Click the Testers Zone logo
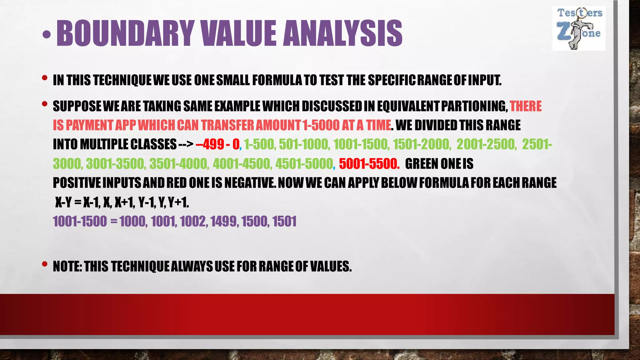click(x=579, y=28)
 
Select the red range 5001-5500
click(x=369, y=164)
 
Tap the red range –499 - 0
click(x=217, y=144)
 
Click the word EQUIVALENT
click(x=408, y=106)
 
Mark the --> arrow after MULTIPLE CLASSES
click(x=186, y=144)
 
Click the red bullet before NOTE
click(x=45, y=264)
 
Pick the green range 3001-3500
click(x=116, y=164)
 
